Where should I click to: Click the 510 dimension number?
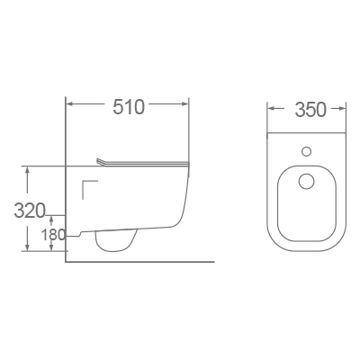[x=128, y=107]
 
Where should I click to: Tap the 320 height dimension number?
[x=30, y=211]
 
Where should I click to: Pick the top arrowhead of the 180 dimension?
[x=52, y=218]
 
